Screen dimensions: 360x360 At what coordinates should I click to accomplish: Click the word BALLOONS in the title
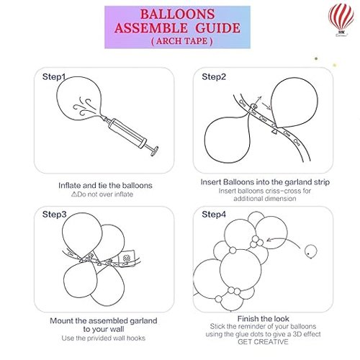click(x=177, y=14)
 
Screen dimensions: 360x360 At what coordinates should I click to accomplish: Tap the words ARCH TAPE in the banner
click(x=182, y=41)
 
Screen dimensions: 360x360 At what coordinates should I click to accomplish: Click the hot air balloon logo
click(x=341, y=20)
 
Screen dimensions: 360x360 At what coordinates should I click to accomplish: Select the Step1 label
click(x=54, y=77)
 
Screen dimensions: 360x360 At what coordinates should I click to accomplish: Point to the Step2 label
click(x=214, y=77)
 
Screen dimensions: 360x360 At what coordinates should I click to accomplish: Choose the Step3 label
click(x=54, y=214)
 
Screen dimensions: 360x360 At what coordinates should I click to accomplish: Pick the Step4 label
click(x=214, y=214)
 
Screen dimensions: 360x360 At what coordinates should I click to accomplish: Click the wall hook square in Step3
click(x=127, y=258)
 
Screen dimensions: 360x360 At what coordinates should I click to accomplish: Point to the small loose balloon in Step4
click(x=311, y=251)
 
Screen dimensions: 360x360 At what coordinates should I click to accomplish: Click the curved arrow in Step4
click(x=283, y=239)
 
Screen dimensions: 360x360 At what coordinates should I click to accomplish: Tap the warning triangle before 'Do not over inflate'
click(x=74, y=194)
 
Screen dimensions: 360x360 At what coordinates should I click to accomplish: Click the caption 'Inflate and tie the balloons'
click(x=105, y=185)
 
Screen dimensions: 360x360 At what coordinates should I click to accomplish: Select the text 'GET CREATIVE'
click(x=263, y=341)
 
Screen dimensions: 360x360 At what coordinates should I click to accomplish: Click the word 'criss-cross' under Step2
click(x=283, y=191)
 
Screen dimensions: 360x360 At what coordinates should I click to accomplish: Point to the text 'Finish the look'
click(x=264, y=319)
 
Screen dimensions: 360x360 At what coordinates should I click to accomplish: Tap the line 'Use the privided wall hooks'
click(x=104, y=338)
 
